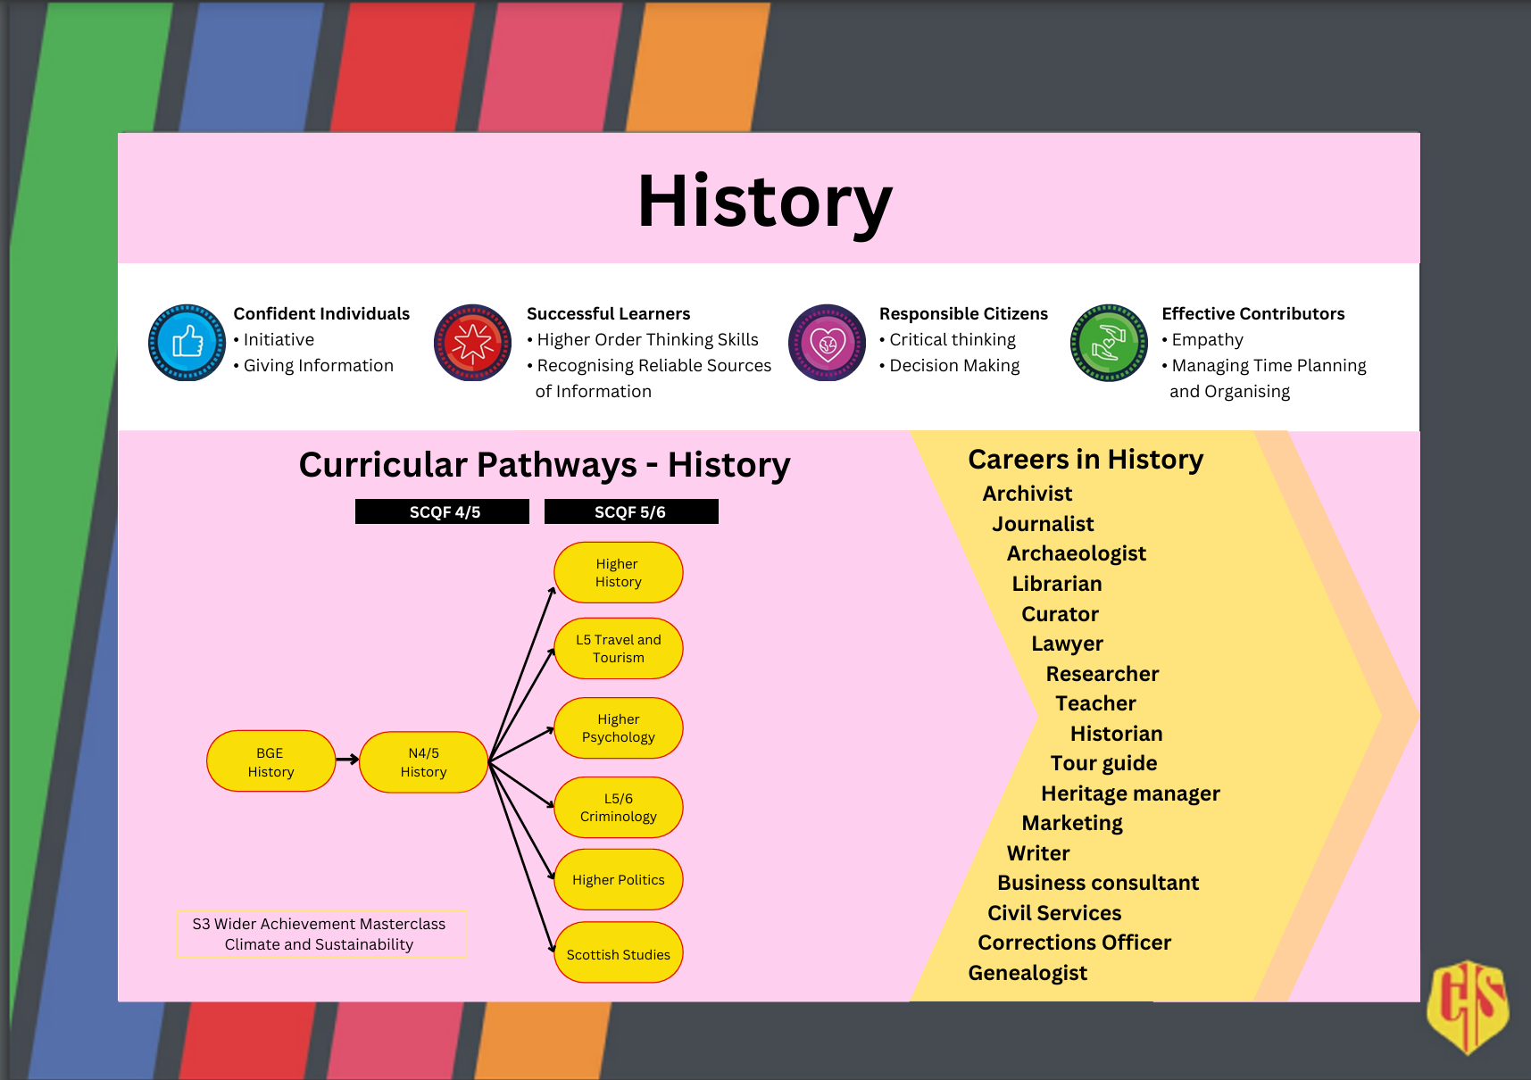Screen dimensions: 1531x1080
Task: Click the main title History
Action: click(765, 203)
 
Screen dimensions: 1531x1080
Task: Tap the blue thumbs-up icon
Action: click(187, 343)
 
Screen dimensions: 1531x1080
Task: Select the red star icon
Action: click(472, 343)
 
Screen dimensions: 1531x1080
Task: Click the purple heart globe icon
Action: click(827, 343)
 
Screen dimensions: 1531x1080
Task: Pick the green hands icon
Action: click(1109, 343)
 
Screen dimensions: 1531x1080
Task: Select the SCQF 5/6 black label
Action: click(631, 511)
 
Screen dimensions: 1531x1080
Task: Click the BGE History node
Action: click(270, 761)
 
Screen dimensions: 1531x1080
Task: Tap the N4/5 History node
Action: click(424, 761)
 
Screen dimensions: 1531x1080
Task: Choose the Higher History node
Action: click(619, 572)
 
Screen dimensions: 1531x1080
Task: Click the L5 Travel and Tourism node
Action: click(619, 648)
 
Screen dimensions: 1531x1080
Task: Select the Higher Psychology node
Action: click(619, 727)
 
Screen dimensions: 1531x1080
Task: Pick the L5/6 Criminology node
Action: click(619, 807)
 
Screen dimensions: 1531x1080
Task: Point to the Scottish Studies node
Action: click(619, 952)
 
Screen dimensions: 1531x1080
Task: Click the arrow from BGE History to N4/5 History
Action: click(347, 760)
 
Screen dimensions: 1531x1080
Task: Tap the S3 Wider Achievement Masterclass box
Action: click(321, 934)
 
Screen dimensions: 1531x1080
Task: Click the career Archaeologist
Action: click(1077, 553)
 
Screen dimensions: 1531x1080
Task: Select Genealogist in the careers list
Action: click(1028, 973)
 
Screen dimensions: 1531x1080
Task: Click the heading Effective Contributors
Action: click(1253, 313)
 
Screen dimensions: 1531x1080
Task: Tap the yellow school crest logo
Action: click(1469, 1007)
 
